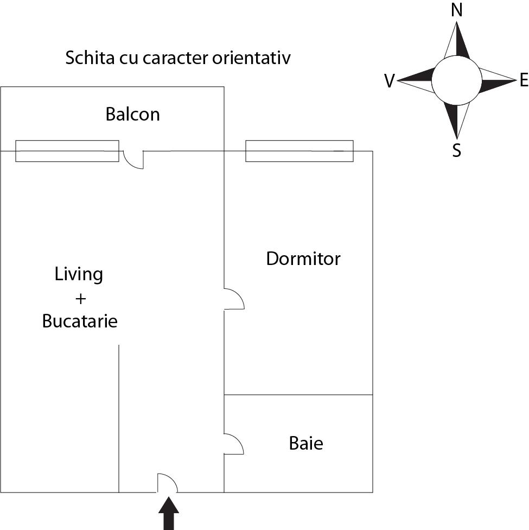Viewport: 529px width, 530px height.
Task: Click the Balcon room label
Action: click(x=132, y=114)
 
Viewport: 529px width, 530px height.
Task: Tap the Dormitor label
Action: click(x=303, y=258)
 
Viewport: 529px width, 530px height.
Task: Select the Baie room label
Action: click(x=306, y=443)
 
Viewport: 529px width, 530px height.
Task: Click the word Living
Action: click(x=79, y=274)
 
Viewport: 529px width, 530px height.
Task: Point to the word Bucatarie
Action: click(x=80, y=321)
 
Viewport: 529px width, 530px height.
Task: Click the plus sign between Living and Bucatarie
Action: click(x=80, y=299)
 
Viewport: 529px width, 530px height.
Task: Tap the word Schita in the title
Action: click(x=90, y=58)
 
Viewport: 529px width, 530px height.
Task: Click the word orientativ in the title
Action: click(x=251, y=58)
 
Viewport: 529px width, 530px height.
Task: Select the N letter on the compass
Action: click(x=457, y=10)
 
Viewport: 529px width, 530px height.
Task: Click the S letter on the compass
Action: click(x=457, y=150)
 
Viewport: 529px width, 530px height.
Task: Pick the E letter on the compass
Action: click(x=524, y=80)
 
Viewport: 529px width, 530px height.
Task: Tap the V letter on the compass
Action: click(x=390, y=81)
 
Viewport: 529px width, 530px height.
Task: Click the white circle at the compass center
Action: click(x=457, y=80)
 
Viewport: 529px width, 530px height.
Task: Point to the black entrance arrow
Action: click(x=169, y=513)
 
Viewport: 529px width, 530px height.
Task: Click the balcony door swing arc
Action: click(x=133, y=160)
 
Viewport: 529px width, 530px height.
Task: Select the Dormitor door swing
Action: click(x=234, y=299)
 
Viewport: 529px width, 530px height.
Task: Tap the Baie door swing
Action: click(x=234, y=444)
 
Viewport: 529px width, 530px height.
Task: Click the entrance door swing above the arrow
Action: click(x=168, y=483)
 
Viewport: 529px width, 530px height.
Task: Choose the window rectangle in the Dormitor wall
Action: click(x=299, y=151)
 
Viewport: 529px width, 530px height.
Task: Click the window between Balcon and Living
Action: click(x=67, y=151)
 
